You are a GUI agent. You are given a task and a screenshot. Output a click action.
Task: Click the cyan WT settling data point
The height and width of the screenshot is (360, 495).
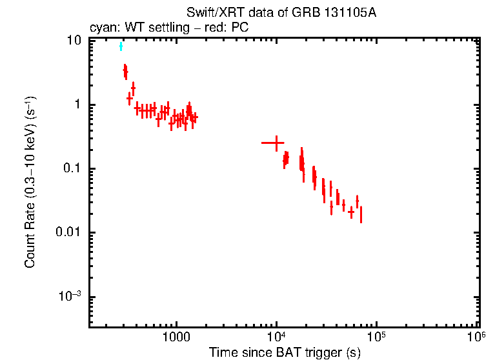(121, 46)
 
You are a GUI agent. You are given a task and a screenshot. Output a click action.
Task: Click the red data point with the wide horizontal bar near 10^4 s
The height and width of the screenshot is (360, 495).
(276, 143)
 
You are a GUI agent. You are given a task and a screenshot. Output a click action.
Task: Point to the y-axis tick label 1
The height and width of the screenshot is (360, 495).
(77, 105)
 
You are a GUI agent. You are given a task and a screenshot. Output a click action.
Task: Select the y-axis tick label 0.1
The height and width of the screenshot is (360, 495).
(72, 168)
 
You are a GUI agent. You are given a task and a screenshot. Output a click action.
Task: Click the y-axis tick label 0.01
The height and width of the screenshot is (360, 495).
(68, 232)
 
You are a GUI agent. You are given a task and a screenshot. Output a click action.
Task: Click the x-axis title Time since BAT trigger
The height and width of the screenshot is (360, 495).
(284, 352)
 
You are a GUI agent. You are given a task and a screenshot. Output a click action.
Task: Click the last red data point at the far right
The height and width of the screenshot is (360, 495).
(361, 214)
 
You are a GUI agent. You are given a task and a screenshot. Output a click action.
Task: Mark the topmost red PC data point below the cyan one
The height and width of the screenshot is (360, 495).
(125, 70)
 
